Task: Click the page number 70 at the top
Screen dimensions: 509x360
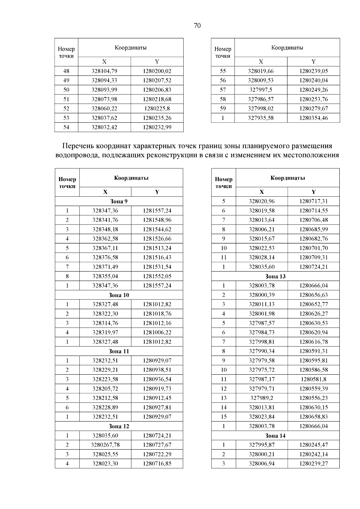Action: click(197, 26)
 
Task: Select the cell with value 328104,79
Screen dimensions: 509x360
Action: click(104, 71)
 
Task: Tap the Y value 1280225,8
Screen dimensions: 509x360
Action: click(157, 109)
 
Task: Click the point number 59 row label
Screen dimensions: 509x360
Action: click(223, 109)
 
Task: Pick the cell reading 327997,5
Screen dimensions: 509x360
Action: click(261, 90)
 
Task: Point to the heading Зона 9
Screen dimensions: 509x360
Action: click(119, 201)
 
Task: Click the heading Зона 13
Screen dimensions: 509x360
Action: click(275, 276)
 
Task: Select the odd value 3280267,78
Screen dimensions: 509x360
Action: click(105, 445)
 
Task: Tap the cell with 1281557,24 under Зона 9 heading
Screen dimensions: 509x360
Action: click(157, 211)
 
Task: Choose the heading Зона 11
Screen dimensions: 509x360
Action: click(119, 351)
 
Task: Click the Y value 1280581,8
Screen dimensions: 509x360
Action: click(313, 379)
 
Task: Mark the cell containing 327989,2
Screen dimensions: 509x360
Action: click(262, 398)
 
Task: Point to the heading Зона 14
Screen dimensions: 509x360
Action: click(275, 436)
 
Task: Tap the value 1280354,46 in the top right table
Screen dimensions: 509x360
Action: click(313, 118)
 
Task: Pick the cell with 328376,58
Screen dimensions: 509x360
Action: click(105, 257)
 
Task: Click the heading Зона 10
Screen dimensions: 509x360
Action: click(119, 295)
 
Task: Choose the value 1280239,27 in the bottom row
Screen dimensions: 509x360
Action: click(313, 464)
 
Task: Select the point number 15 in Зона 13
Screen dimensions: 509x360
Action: click(223, 417)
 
